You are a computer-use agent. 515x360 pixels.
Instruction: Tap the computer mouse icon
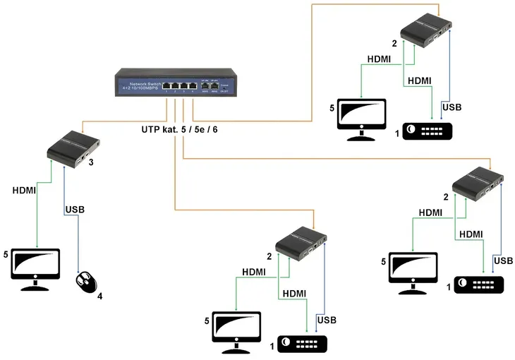pos(85,282)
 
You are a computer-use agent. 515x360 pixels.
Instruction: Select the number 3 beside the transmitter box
pos(91,162)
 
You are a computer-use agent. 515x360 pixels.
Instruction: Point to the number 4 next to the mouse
pos(99,296)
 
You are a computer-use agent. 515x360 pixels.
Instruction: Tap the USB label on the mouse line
pos(75,210)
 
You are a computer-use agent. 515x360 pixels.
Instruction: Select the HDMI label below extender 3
pos(25,191)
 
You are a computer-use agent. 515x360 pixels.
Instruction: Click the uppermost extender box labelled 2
pos(426,33)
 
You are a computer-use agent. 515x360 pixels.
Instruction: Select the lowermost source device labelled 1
pos(303,343)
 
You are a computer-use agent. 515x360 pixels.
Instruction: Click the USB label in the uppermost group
pos(452,107)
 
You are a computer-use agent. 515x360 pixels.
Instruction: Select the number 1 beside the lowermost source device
pos(271,347)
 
